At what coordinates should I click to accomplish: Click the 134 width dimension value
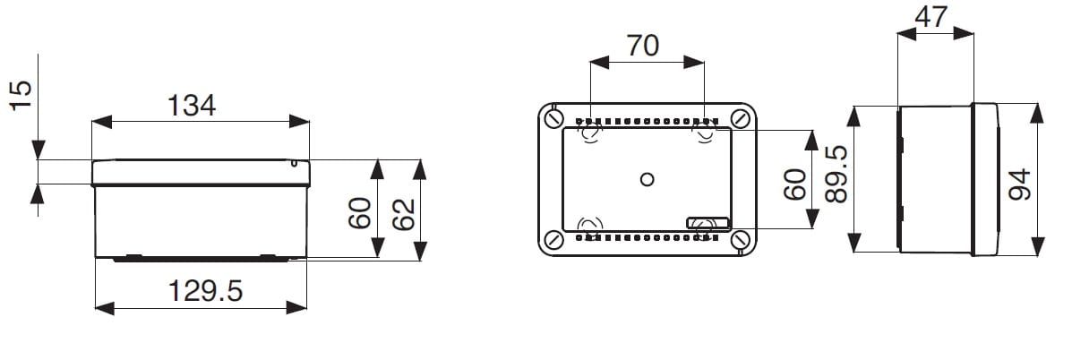pyautogui.click(x=192, y=105)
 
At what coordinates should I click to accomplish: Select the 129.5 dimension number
pyautogui.click(x=205, y=292)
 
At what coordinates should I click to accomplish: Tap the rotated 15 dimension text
pyautogui.click(x=21, y=94)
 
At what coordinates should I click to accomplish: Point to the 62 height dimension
pyautogui.click(x=403, y=214)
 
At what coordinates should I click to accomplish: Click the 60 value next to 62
pyautogui.click(x=360, y=213)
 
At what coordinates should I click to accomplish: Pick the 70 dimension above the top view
pyautogui.click(x=643, y=45)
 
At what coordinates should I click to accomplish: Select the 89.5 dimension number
pyautogui.click(x=836, y=174)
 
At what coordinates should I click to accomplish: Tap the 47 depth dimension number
pyautogui.click(x=931, y=16)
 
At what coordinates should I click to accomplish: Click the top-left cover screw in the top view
pyautogui.click(x=554, y=119)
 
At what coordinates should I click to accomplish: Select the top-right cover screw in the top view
pyautogui.click(x=741, y=119)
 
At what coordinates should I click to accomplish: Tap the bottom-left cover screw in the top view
pyautogui.click(x=554, y=240)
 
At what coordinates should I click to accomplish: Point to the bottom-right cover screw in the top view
pyautogui.click(x=741, y=240)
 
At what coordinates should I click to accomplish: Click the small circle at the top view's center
pyautogui.click(x=647, y=180)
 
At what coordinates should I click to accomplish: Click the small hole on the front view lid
pyautogui.click(x=294, y=163)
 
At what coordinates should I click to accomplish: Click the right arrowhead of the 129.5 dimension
pyautogui.click(x=296, y=307)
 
